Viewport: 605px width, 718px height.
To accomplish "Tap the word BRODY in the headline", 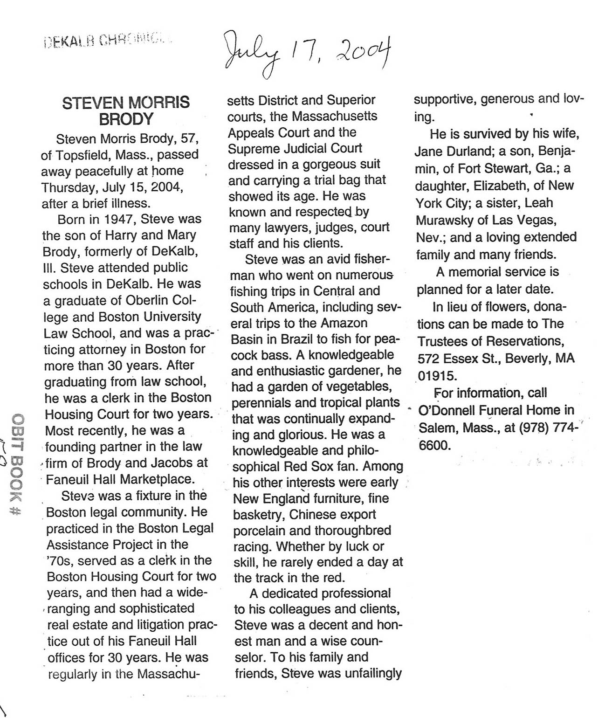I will (126, 119).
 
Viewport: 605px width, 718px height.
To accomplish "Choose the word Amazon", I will (342, 323).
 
